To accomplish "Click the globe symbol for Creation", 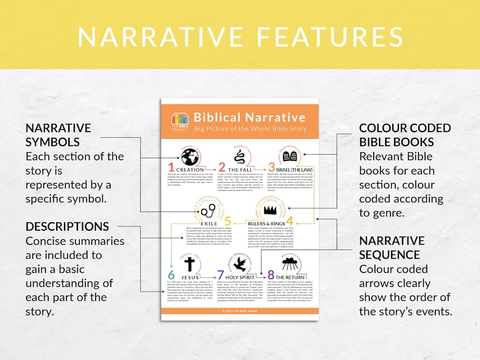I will [190, 158].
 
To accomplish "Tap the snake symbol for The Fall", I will [241, 158].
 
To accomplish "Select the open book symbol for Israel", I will [290, 157].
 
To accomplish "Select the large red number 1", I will [171, 167].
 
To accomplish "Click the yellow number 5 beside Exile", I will [227, 221].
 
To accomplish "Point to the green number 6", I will [171, 275].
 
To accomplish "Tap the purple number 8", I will [271, 275].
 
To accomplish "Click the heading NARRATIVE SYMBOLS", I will [58, 135].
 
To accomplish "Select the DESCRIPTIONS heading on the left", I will [67, 227].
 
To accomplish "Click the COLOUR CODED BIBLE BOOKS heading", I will [404, 135].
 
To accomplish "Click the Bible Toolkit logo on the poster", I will [180, 120].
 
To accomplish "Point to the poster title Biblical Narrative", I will [249, 117].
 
